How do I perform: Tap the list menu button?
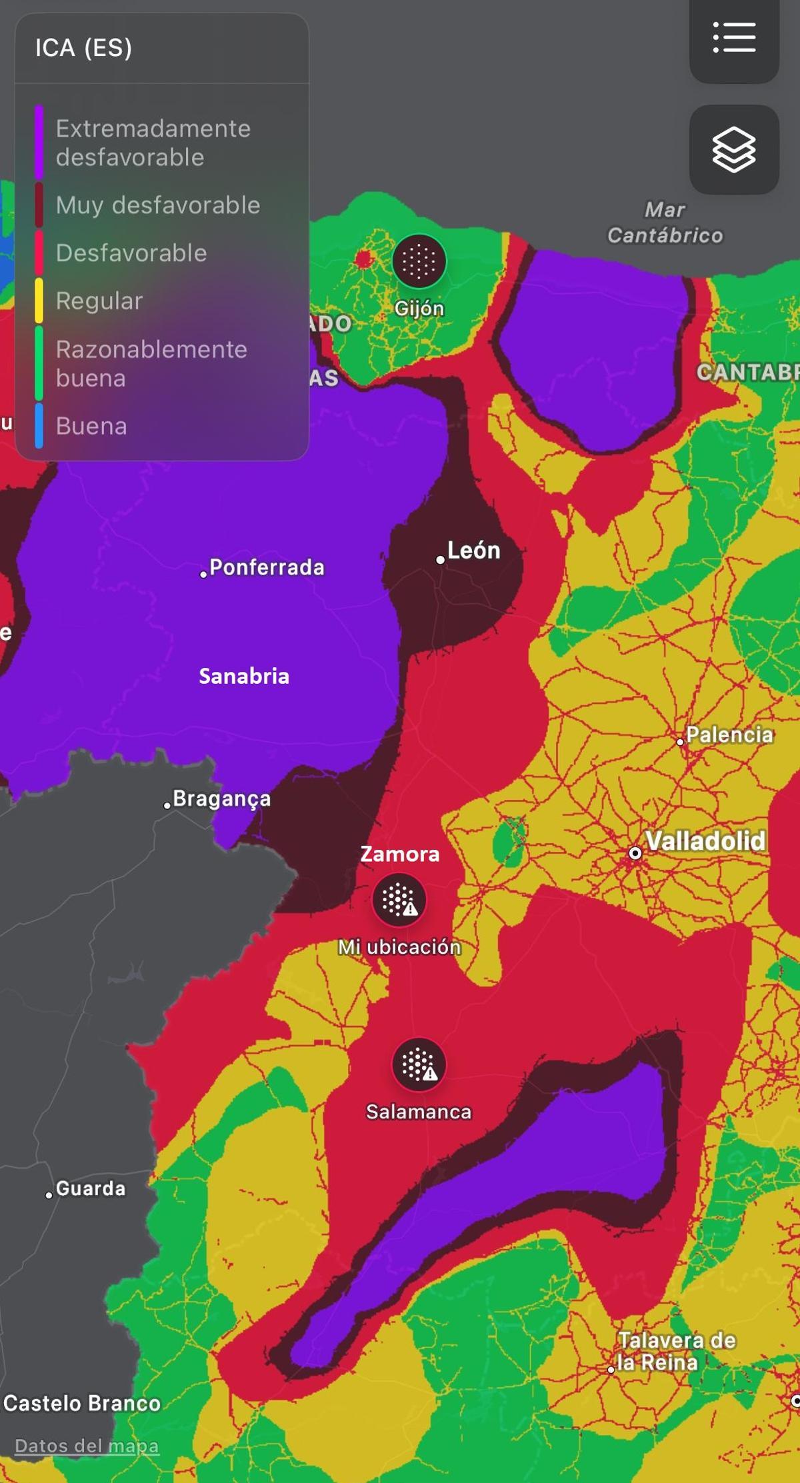(x=734, y=37)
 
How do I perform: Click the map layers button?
(x=734, y=149)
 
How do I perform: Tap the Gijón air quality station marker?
(x=419, y=261)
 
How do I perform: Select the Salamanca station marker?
(x=419, y=1064)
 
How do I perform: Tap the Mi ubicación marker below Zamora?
(x=399, y=900)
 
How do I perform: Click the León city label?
(x=473, y=551)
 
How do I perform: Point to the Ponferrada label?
(x=266, y=568)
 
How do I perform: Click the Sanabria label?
(x=244, y=677)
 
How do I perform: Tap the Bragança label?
(x=221, y=798)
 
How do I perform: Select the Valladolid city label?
(x=705, y=841)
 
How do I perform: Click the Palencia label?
(x=729, y=735)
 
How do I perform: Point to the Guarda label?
(x=90, y=1188)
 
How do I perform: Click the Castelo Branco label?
(x=81, y=1403)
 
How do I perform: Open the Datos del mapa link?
(x=87, y=1446)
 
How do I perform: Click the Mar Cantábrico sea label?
(x=665, y=223)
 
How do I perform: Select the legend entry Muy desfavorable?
(x=157, y=205)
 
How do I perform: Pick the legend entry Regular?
(x=99, y=301)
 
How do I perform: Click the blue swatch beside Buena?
(x=39, y=425)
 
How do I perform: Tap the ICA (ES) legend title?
(x=83, y=48)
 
